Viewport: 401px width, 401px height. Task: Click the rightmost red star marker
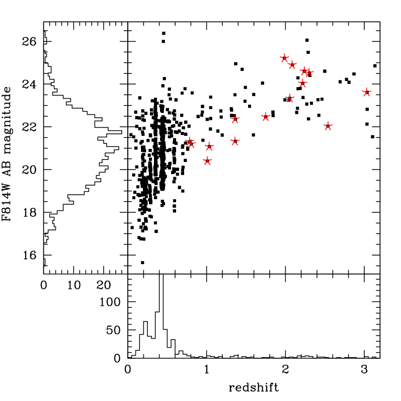(366, 93)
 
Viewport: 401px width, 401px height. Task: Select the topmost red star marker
(284, 58)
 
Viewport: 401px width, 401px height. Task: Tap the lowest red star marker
(207, 161)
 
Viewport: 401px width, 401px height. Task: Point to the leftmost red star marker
(189, 142)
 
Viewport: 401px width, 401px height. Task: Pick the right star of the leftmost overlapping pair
(192, 144)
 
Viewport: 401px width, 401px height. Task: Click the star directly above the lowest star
(209, 146)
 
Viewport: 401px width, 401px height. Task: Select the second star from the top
(292, 65)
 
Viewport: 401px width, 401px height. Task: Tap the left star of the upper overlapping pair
(304, 71)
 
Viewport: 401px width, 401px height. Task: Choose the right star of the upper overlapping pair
(309, 73)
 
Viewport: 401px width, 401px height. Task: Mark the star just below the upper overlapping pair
(302, 83)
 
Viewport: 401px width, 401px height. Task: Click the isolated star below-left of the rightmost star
(328, 126)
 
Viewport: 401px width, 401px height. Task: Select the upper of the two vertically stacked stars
(235, 119)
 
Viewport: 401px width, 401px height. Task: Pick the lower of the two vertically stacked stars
(235, 141)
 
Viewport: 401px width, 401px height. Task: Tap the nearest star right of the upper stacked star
(266, 117)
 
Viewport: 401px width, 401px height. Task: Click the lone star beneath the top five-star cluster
(290, 98)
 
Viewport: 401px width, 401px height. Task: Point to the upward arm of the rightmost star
(366, 89)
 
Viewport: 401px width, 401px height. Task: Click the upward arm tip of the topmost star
(284, 54)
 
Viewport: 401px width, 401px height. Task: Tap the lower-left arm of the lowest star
(204, 165)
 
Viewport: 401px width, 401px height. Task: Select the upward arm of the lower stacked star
(235, 137)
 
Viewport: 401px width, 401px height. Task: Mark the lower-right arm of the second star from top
(295, 68)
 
